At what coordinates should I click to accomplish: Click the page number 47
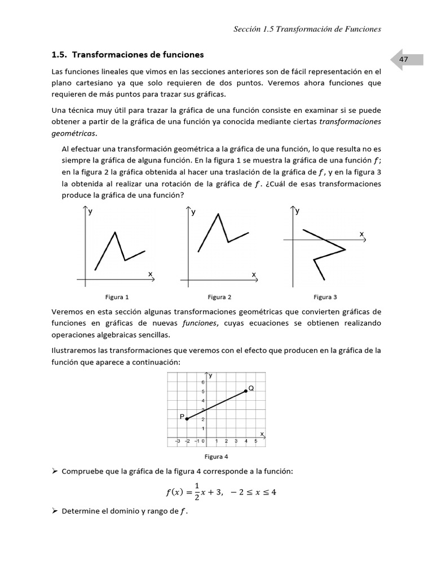tap(403, 59)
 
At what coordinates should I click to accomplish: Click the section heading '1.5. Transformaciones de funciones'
tap(127, 55)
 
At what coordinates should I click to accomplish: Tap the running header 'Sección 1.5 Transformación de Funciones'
tap(307, 29)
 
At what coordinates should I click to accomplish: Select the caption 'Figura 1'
tap(117, 297)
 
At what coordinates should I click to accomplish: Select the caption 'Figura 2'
tap(219, 297)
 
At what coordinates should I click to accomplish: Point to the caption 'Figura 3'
tap(325, 297)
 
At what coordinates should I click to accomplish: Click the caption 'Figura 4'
tap(216, 457)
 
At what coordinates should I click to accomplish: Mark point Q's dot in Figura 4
tap(246, 391)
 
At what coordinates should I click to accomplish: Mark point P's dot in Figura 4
tap(187, 419)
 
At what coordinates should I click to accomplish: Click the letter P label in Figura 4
tap(182, 416)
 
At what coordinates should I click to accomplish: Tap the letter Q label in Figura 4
tap(251, 388)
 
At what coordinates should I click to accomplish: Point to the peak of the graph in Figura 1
tap(116, 232)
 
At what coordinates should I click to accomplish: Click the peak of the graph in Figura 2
tap(218, 213)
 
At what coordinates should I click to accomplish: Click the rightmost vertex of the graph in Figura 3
tap(345, 249)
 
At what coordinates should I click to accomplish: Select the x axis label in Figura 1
tap(151, 273)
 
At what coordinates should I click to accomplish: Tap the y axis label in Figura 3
tap(298, 211)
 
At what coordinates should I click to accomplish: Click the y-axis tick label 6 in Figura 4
tap(203, 383)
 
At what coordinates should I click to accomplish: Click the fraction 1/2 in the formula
tap(197, 491)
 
